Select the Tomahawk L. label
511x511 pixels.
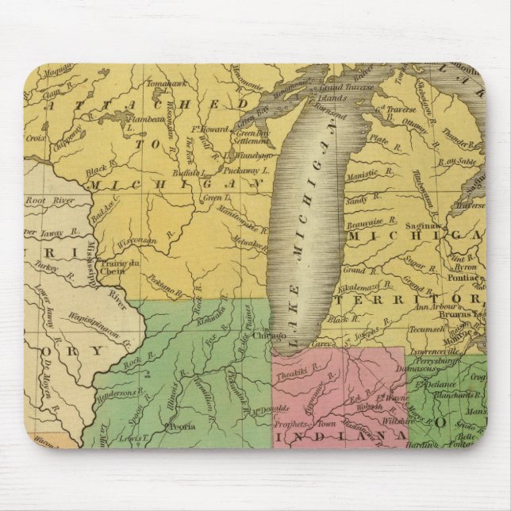tap(167, 82)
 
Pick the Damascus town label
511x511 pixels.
tap(424, 369)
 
